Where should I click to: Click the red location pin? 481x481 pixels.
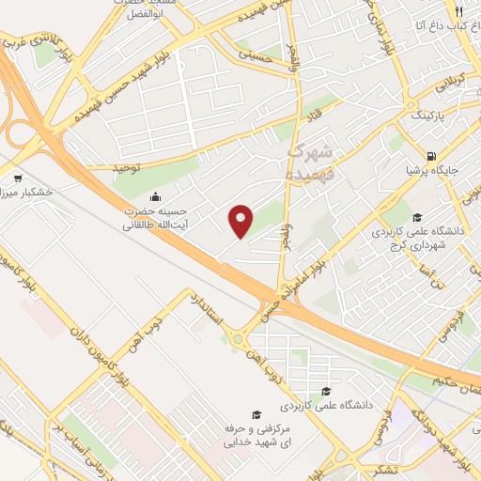point(241,220)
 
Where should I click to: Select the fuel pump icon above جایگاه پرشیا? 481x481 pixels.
point(431,156)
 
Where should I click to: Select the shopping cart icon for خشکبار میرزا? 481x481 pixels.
point(18,178)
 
